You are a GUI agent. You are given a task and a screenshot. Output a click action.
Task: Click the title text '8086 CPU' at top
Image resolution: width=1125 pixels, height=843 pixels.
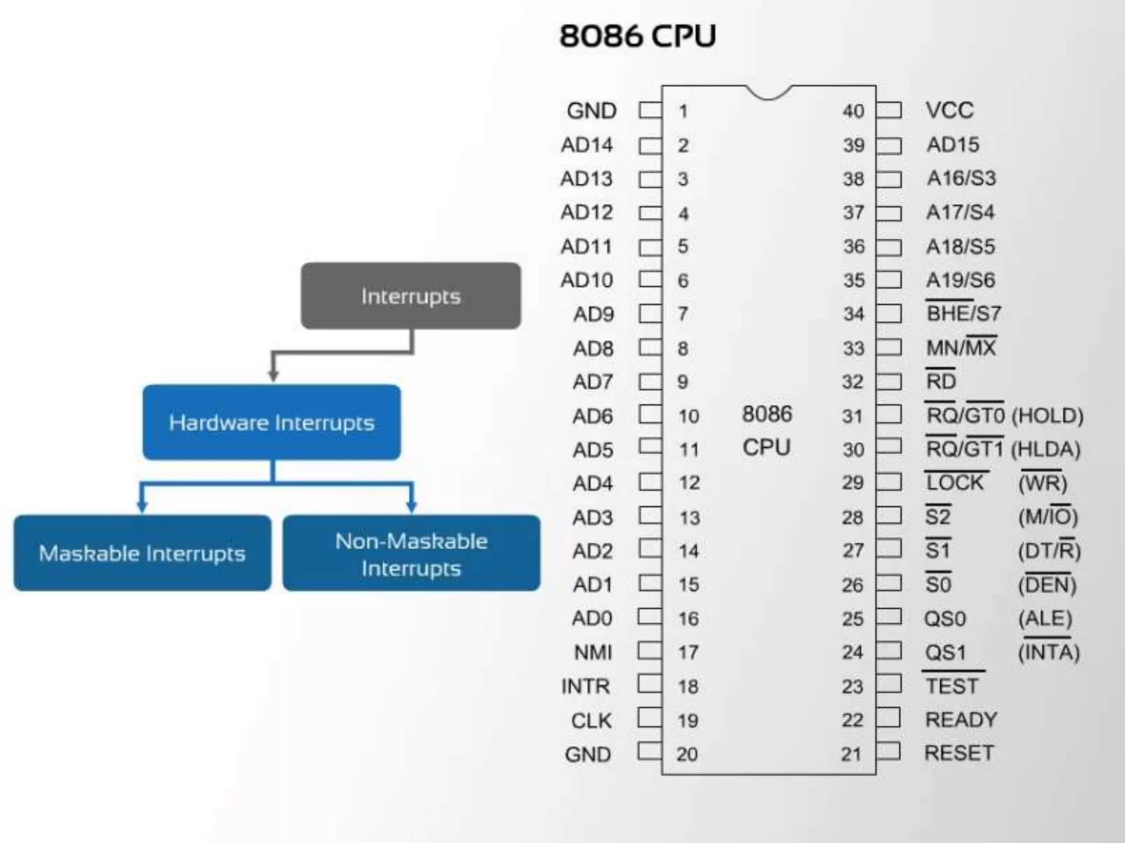[637, 36]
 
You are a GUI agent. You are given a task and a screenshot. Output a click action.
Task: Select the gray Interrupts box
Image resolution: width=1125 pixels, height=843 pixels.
[411, 296]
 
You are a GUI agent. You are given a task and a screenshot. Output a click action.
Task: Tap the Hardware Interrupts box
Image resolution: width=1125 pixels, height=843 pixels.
[271, 423]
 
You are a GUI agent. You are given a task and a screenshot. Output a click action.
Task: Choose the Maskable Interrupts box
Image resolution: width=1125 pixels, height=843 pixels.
[142, 553]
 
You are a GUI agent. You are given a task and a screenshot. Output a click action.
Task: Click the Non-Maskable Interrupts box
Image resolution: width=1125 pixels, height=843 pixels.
[411, 554]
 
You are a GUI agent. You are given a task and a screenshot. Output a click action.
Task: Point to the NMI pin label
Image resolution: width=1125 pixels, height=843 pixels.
[593, 653]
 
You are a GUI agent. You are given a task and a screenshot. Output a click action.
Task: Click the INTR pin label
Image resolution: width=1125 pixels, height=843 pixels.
[586, 686]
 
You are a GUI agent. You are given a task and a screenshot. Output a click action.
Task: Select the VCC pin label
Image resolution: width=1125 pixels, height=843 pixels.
[949, 110]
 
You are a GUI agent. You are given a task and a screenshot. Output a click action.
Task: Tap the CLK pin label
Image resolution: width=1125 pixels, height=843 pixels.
[591, 721]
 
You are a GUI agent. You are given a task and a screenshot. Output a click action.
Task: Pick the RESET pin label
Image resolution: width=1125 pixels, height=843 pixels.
[959, 753]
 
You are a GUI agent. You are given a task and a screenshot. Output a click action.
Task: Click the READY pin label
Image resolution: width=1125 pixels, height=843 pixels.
[961, 720]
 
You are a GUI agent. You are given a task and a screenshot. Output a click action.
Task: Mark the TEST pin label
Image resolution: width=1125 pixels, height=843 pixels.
[952, 686]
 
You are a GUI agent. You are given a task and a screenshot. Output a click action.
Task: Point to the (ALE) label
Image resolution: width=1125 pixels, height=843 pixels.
[1045, 619]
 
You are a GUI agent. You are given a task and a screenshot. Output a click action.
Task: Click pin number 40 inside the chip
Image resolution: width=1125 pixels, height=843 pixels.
[854, 111]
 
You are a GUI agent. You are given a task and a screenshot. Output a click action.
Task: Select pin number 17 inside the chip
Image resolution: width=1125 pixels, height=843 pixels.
[688, 653]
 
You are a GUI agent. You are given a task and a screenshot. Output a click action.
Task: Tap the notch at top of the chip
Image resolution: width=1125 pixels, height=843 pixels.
[768, 93]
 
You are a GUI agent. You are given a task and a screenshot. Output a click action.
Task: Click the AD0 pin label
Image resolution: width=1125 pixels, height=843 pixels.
[592, 619]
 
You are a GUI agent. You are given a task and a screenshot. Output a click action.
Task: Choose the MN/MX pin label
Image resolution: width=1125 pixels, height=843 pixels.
[961, 348]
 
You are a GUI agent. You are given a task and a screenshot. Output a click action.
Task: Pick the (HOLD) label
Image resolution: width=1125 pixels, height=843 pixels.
[1047, 416]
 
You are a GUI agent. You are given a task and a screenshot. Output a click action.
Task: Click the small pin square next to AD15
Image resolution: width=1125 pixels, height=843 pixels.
[889, 145]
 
